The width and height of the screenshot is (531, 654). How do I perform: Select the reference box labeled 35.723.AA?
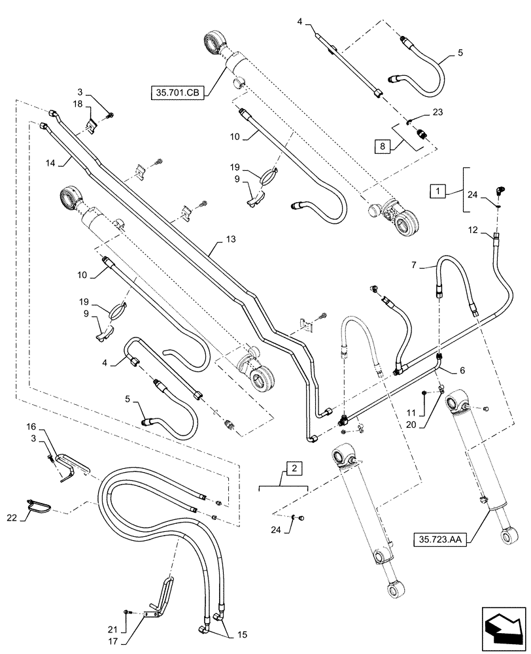pos(443,539)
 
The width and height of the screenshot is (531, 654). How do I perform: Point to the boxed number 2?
pos(294,468)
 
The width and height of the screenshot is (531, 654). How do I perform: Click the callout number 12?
pos(473,230)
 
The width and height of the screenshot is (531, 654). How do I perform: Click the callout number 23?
pos(437,112)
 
